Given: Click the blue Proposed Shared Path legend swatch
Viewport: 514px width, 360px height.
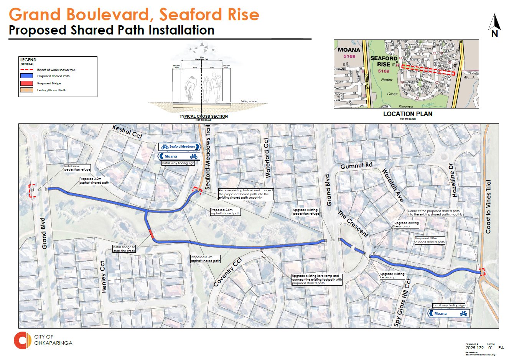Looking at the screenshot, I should point(26,76).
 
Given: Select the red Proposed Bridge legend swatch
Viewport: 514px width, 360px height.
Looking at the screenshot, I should point(26,83).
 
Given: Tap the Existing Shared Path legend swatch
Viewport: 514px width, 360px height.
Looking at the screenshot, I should point(26,90).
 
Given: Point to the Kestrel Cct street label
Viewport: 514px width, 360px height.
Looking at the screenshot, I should point(127,132).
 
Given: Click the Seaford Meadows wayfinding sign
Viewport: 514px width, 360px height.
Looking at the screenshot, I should point(180,146).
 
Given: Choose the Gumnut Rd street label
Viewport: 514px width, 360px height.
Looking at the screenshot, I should point(356,165).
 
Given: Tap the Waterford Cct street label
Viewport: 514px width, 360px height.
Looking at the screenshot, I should point(267,158).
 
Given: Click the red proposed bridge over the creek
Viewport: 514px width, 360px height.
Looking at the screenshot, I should point(152,233).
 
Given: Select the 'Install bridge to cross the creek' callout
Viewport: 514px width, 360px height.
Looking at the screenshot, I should point(124,249).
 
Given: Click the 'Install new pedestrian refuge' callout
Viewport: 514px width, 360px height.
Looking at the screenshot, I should point(77,168).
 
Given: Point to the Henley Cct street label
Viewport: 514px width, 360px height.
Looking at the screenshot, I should point(103,277).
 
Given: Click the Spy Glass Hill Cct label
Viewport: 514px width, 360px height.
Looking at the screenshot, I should point(402,303).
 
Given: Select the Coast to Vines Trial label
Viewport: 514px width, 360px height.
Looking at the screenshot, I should point(488,207).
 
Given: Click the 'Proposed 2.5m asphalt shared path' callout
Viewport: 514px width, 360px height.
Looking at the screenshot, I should point(226,212).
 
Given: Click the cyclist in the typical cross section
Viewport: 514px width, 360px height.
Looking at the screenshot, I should point(191,88).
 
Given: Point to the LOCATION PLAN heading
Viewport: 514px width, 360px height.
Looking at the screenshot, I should point(407,114).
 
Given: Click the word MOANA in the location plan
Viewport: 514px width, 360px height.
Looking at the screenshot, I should point(349,50).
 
